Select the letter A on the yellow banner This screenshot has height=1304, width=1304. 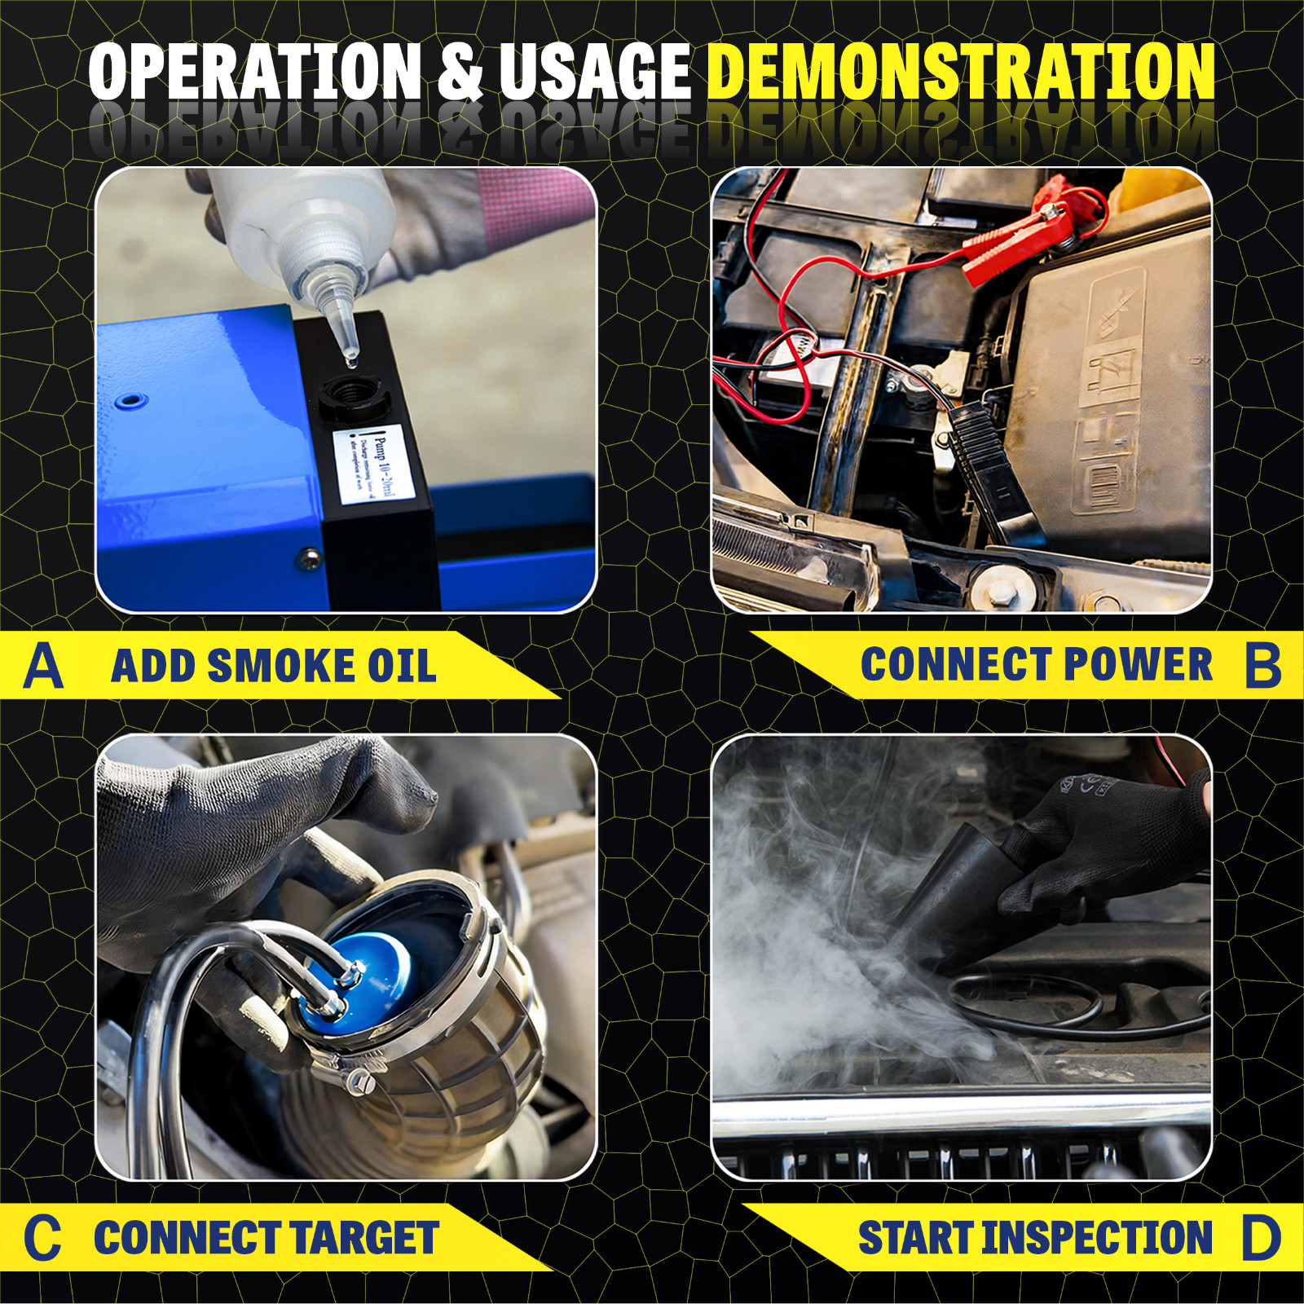44,666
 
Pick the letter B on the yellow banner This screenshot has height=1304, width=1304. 1262,665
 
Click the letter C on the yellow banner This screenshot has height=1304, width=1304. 42,1238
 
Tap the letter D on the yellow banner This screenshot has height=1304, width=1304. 1261,1238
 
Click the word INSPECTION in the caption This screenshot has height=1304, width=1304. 1096,1238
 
